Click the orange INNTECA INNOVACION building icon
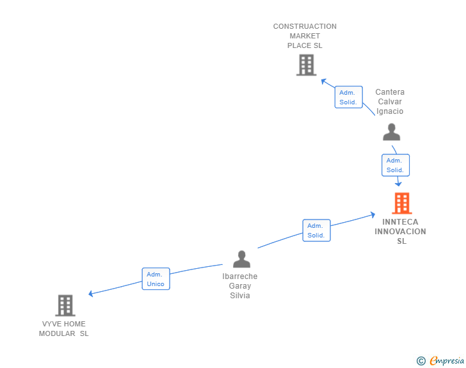[401, 203]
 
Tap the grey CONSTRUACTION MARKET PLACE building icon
[306, 65]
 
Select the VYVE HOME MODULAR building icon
[65, 305]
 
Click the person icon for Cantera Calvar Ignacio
[391, 132]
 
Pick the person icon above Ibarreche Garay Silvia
[241, 259]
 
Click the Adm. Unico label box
[156, 279]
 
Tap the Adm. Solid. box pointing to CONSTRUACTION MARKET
[348, 97]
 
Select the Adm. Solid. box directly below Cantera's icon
[395, 165]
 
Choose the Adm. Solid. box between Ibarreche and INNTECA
[316, 230]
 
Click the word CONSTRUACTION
[305, 27]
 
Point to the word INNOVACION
[400, 232]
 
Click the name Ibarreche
[240, 276]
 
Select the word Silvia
[240, 296]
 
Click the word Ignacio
[390, 111]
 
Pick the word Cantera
[390, 92]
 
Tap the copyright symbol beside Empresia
[421, 361]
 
